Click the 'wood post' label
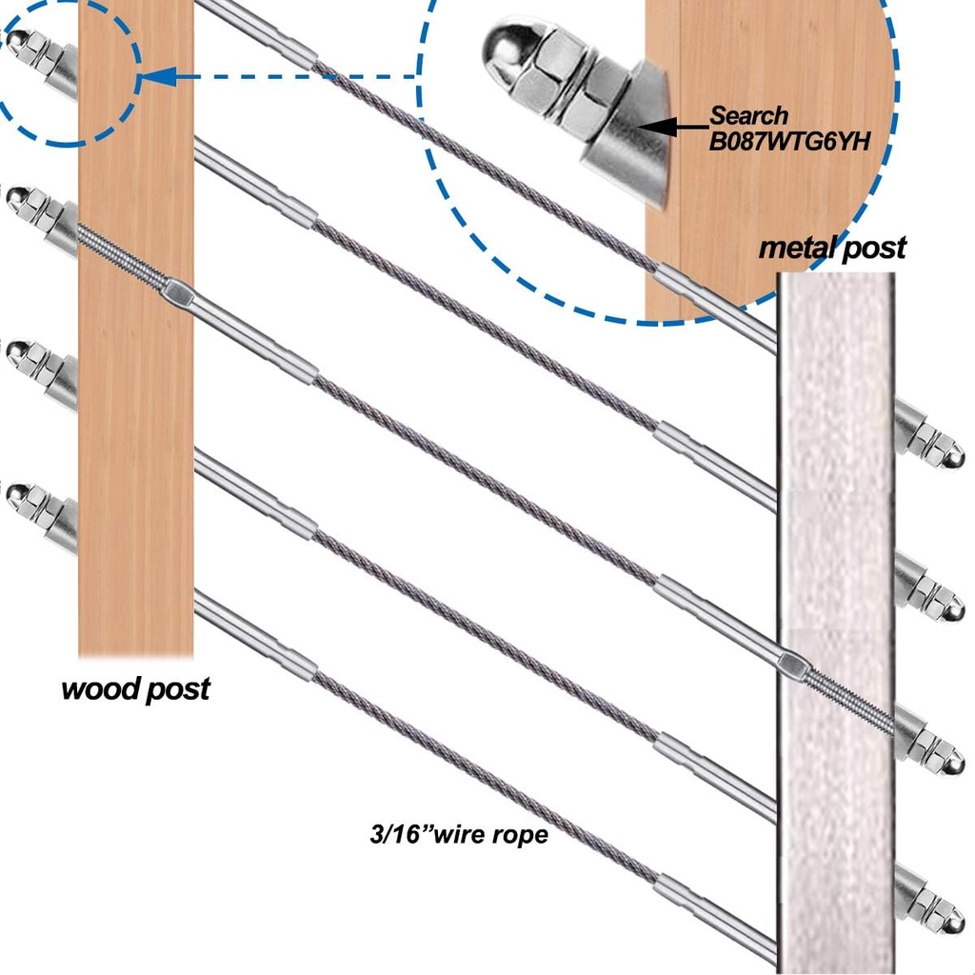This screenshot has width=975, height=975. pyautogui.click(x=135, y=689)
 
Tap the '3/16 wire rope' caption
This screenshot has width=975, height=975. pyautogui.click(x=459, y=835)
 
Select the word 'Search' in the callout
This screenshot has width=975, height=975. pyautogui.click(x=749, y=116)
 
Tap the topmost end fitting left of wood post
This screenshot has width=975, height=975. pyautogui.click(x=43, y=61)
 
